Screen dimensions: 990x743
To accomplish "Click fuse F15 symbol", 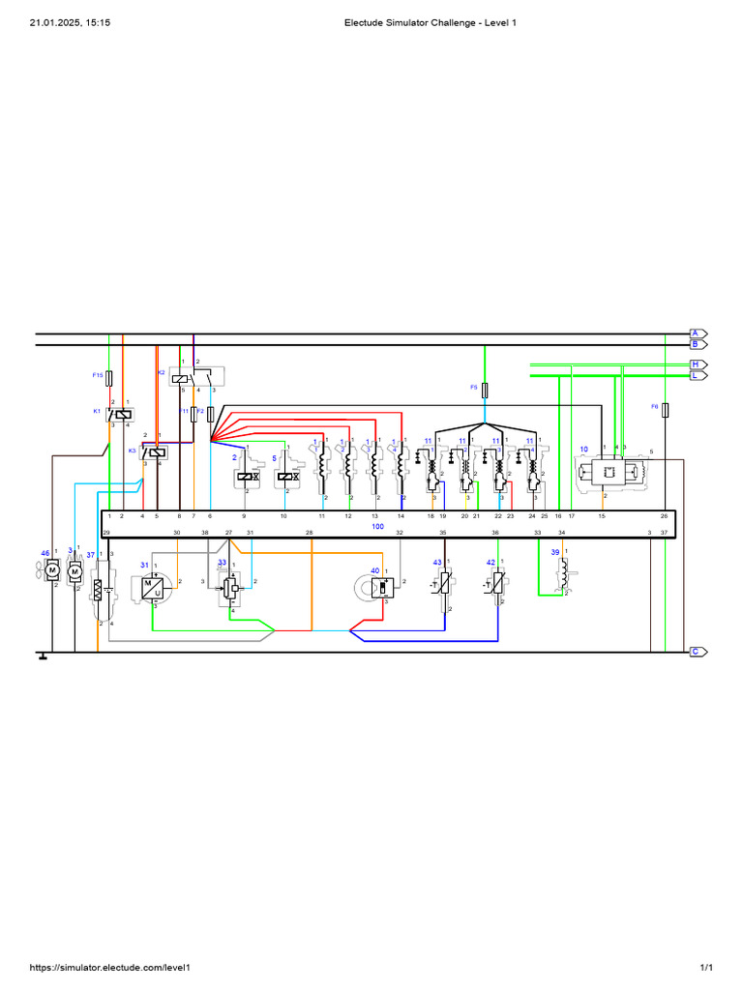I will (109, 376).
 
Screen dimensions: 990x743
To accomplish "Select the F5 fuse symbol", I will (485, 389).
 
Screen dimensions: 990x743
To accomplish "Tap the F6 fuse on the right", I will (667, 409).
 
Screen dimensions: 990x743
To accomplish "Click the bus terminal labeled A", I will (697, 333).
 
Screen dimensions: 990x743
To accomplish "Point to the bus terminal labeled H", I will (697, 364).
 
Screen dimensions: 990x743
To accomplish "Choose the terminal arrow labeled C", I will (697, 652).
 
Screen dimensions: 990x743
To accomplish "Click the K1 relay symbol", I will (120, 414).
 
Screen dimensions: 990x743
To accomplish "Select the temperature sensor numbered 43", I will (444, 586).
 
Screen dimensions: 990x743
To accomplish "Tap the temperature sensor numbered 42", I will (498, 586).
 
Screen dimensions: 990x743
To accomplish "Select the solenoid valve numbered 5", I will (286, 476).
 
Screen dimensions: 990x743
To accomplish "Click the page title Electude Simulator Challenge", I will (431, 22).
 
